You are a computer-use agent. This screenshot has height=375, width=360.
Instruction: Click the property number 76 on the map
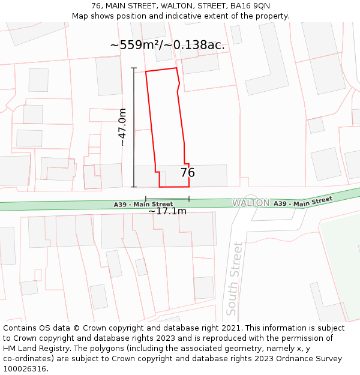click(x=187, y=173)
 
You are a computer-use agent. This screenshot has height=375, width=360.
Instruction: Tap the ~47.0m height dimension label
click(x=122, y=127)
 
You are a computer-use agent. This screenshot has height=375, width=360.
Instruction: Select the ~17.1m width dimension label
click(x=167, y=211)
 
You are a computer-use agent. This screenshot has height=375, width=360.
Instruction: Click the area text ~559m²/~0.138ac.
click(x=167, y=45)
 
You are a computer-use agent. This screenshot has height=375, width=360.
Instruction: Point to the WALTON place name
click(x=251, y=203)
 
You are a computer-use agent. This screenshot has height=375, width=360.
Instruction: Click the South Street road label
click(x=234, y=278)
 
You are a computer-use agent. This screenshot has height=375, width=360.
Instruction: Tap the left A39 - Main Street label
click(x=143, y=205)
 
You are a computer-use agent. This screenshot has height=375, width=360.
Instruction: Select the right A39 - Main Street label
click(x=303, y=202)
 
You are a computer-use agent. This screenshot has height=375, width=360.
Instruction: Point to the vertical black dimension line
click(x=134, y=127)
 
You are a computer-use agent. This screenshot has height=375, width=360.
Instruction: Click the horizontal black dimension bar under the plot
click(x=167, y=199)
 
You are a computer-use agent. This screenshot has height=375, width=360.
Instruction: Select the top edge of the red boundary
click(x=161, y=70)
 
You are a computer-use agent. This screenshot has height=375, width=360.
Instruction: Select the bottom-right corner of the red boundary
click(x=189, y=187)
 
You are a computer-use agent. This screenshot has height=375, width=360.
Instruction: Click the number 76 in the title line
click(x=96, y=6)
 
